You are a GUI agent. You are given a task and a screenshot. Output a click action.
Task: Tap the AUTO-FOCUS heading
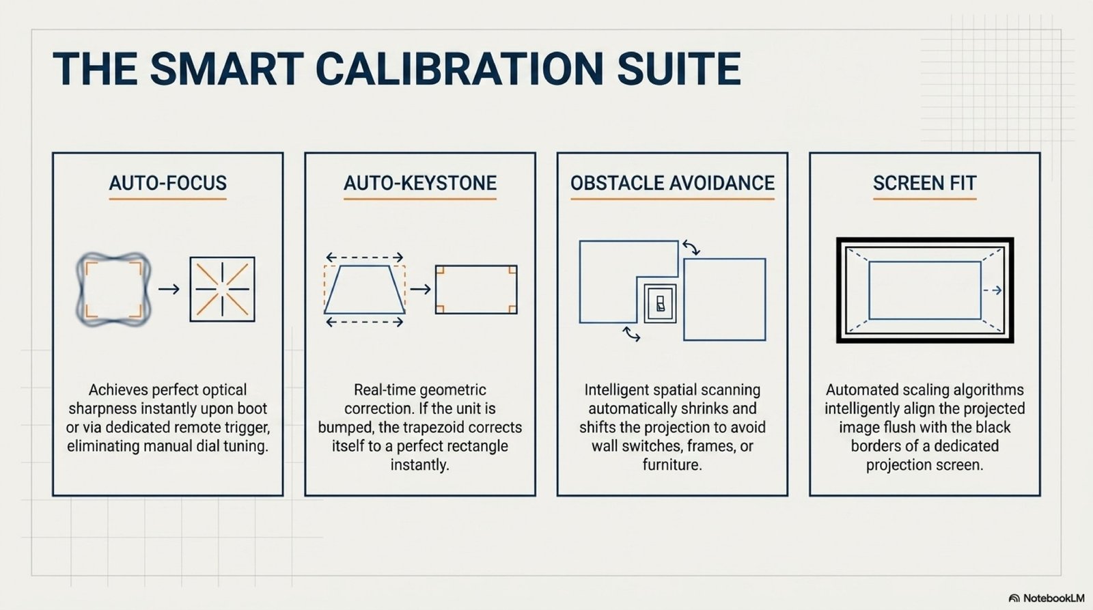[167, 183]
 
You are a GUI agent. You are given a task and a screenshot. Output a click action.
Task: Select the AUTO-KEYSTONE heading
[420, 183]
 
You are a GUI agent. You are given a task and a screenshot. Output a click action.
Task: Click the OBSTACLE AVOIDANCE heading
[672, 183]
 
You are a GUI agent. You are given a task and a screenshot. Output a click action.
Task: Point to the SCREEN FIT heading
[925, 183]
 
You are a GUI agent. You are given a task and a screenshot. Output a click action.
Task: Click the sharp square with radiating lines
[222, 290]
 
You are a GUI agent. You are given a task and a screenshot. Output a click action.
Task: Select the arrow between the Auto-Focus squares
[169, 290]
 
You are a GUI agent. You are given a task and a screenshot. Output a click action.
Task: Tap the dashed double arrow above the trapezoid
[365, 257]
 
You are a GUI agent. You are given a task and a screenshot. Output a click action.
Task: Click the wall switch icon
[660, 303]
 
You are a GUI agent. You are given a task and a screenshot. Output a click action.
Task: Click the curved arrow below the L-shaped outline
[632, 334]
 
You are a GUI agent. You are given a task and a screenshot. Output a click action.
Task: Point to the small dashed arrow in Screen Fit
[993, 290]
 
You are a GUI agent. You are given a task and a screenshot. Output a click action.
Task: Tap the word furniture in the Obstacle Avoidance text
[672, 465]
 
